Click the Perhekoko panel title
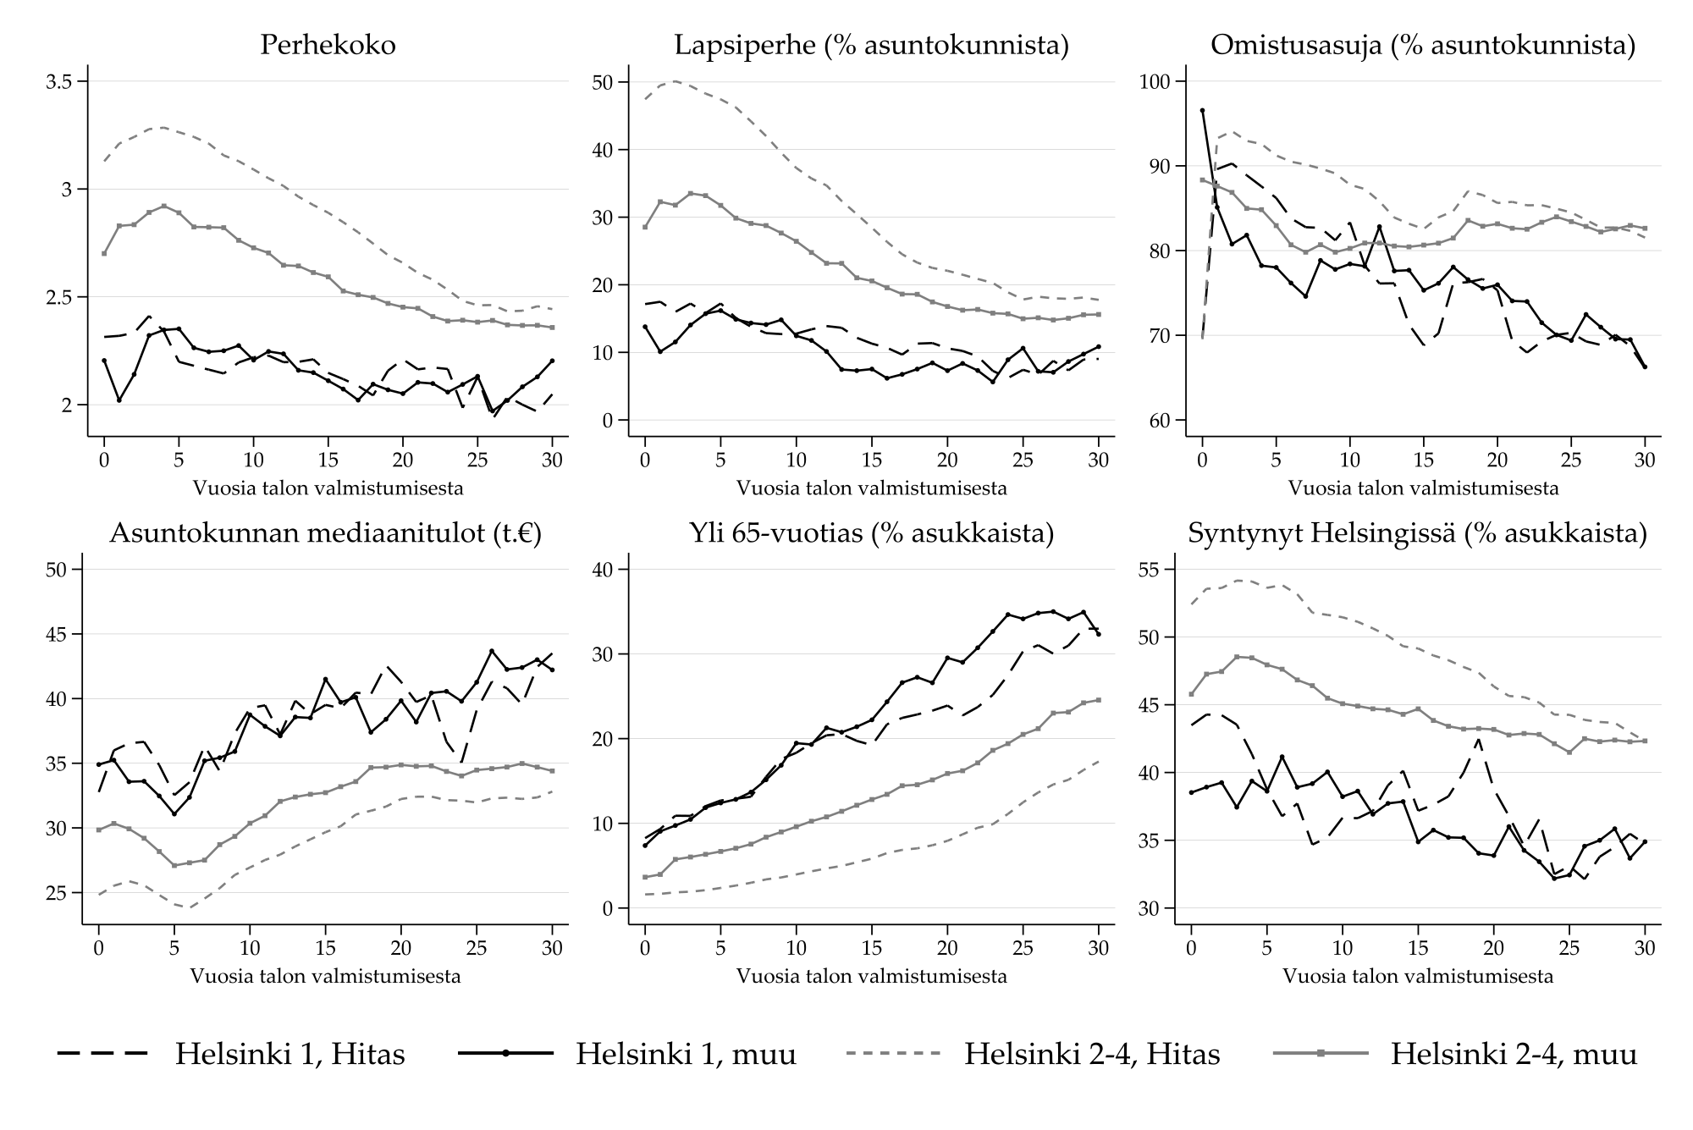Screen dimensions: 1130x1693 pos(328,45)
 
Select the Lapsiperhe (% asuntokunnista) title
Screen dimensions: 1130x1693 pos(871,45)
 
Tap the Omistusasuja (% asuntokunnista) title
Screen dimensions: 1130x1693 pos(1423,45)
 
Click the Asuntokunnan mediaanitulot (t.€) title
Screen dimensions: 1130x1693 pos(325,533)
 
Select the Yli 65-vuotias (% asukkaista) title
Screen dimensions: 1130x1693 pos(871,533)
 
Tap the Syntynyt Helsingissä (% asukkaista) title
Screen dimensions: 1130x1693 pos(1417,533)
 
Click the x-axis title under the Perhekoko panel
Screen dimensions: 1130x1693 pos(328,488)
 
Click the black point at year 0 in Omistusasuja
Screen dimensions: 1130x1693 pos(1202,110)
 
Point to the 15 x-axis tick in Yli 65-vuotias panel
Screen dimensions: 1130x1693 pos(871,948)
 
